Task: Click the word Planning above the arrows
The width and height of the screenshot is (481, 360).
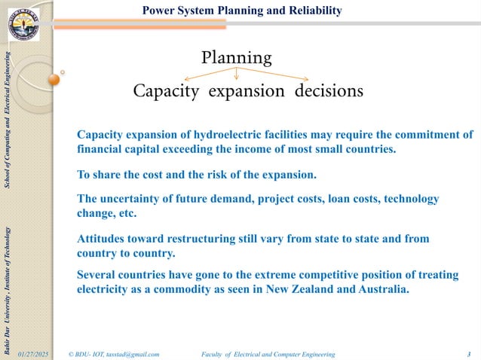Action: click(236, 57)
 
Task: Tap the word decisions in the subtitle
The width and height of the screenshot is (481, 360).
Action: click(329, 91)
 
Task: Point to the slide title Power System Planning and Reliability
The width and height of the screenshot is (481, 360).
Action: click(242, 11)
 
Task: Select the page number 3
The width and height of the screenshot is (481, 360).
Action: click(468, 352)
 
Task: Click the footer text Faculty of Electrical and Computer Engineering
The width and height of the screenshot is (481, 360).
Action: click(269, 352)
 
